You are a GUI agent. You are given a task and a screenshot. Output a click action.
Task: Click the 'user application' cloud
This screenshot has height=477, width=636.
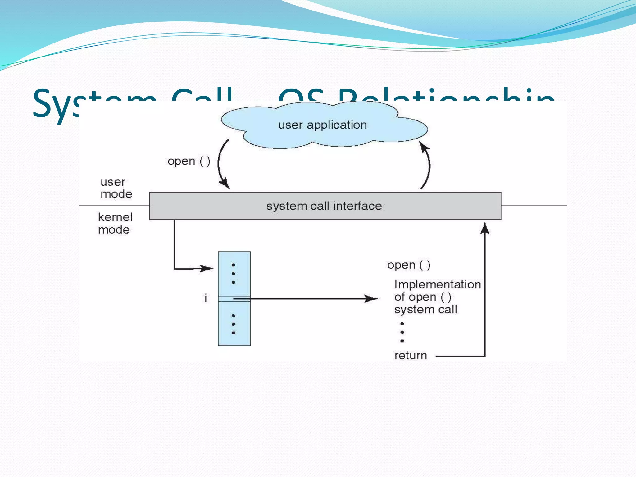click(x=323, y=125)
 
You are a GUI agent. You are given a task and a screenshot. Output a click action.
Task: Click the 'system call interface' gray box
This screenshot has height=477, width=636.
click(x=325, y=206)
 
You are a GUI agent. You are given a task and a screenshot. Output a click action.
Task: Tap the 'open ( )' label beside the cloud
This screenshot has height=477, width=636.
click(x=189, y=161)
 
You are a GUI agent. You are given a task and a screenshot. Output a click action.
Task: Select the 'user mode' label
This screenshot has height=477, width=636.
click(x=116, y=188)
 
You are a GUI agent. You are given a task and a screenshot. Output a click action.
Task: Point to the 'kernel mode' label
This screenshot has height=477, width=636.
click(x=115, y=223)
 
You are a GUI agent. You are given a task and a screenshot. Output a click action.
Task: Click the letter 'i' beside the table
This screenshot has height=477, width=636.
click(x=206, y=298)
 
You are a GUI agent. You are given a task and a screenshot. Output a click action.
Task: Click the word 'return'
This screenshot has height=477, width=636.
click(x=411, y=355)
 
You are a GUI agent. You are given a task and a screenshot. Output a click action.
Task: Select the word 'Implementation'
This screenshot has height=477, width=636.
click(x=437, y=284)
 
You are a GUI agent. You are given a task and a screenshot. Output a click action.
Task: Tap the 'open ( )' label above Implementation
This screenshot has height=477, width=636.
click(x=409, y=265)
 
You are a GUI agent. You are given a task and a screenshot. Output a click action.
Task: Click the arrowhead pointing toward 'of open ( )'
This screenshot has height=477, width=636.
click(x=371, y=299)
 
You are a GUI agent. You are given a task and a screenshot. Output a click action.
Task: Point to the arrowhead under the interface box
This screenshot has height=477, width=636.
click(x=485, y=228)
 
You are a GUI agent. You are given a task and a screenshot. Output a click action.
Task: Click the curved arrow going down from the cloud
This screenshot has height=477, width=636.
click(x=221, y=164)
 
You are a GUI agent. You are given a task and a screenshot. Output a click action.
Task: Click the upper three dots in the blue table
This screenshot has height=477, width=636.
click(x=234, y=274)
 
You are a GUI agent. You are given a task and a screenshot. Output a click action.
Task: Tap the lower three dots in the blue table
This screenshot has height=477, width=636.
click(x=234, y=324)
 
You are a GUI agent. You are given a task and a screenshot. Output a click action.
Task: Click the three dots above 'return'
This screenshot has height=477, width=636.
click(x=402, y=332)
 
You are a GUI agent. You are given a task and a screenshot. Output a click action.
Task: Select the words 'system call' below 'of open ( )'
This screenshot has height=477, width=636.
click(x=425, y=310)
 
